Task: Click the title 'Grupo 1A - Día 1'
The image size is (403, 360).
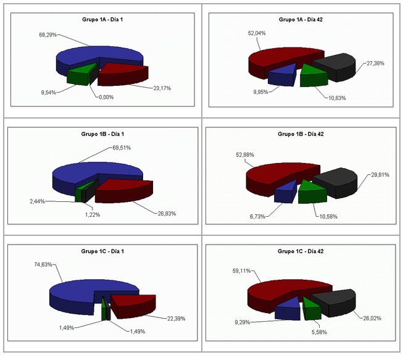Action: tap(102, 20)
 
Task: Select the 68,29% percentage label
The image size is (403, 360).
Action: tap(48, 35)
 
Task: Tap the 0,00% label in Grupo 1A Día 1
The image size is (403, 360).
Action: tap(106, 97)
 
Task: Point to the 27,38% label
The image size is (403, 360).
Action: tap(375, 63)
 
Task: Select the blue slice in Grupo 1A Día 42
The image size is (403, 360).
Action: tap(281, 75)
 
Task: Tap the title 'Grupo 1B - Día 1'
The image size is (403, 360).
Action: tap(102, 134)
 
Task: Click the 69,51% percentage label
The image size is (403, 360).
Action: tap(122, 148)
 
